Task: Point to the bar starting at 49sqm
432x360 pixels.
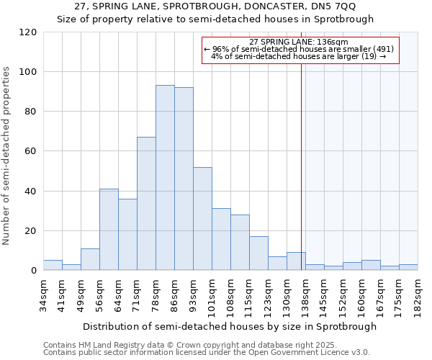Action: point(90,259)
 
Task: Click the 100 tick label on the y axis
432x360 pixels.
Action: point(28,72)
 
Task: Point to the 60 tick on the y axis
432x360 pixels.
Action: point(31,151)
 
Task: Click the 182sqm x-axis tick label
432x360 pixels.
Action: point(418,296)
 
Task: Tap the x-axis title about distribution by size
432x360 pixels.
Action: point(230,326)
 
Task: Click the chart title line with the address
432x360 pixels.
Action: point(215,6)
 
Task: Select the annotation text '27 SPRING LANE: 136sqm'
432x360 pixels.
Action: point(299,42)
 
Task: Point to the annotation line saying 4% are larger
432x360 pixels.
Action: point(299,56)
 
